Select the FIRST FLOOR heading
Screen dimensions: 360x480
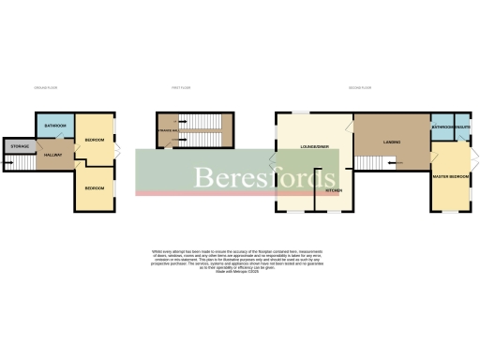[x=182, y=87]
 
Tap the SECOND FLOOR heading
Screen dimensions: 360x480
[x=361, y=87]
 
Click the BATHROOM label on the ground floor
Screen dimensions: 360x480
[x=53, y=125]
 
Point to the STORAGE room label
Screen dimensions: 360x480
[x=20, y=147]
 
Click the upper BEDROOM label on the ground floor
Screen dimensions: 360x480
[x=95, y=140]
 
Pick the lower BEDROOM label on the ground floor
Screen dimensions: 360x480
[x=95, y=188]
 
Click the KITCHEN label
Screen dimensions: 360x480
[x=333, y=190]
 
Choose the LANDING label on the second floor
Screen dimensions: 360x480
[x=392, y=142]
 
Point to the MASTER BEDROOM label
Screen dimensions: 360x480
[x=452, y=175]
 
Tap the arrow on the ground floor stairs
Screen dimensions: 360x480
[x=10, y=165]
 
